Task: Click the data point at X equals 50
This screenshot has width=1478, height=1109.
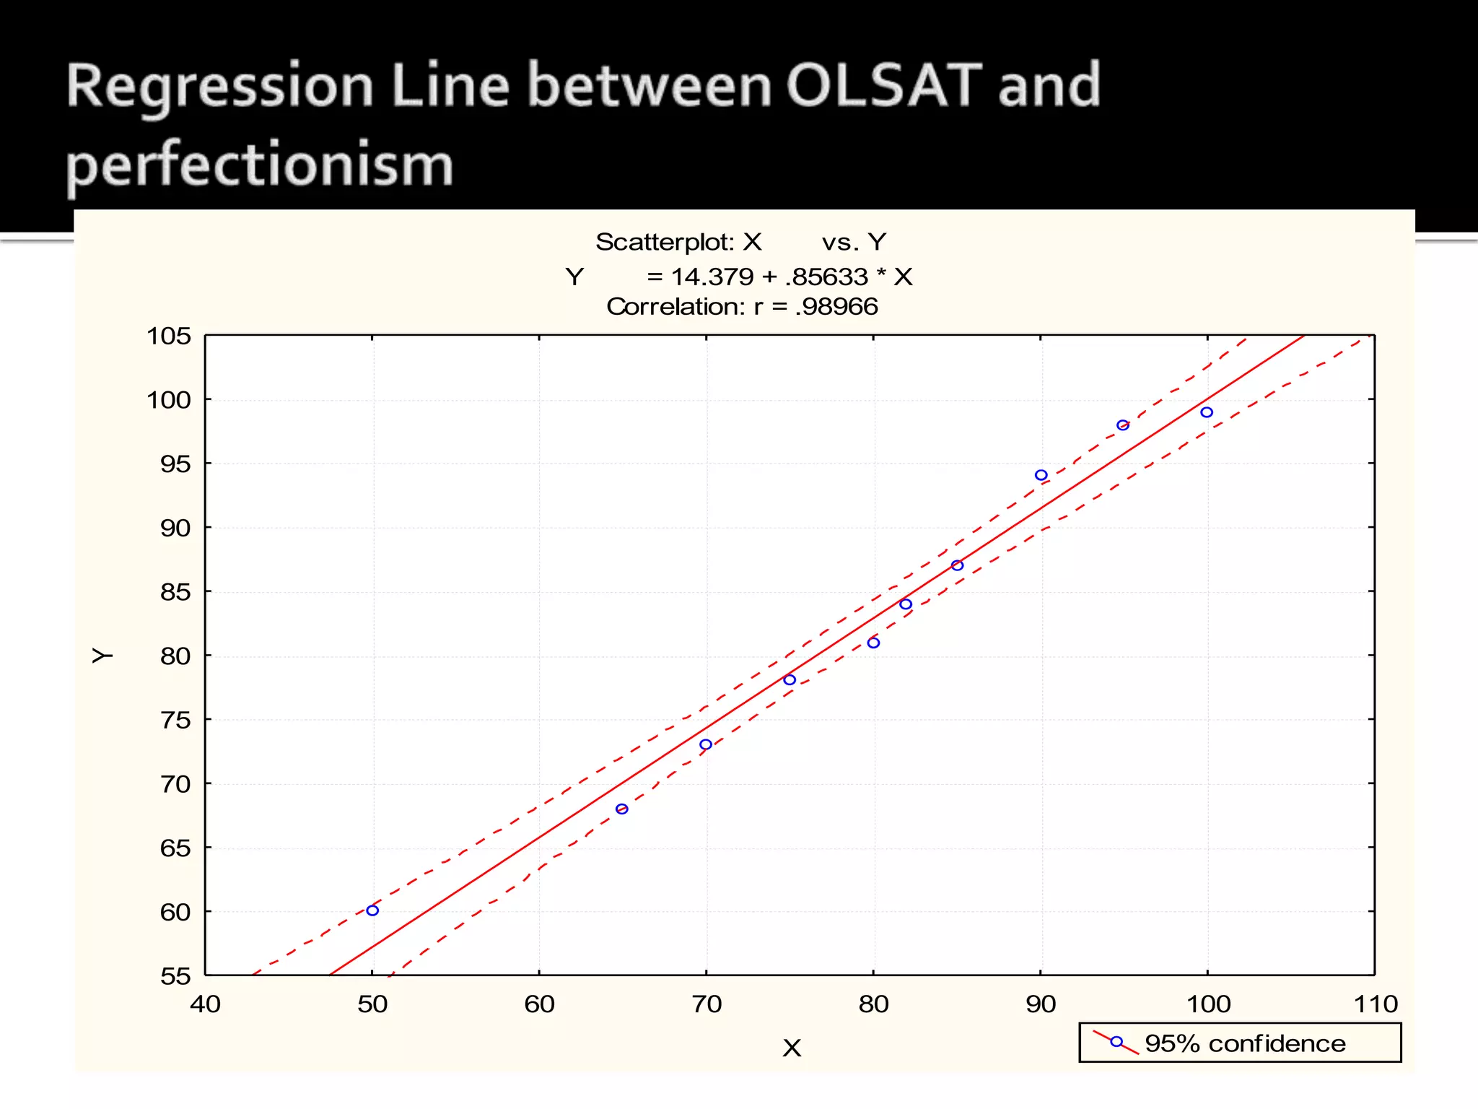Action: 372,910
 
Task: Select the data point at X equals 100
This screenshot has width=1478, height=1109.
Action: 1207,412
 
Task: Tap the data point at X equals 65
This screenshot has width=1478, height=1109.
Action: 622,809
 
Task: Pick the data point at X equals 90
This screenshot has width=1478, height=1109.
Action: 1041,475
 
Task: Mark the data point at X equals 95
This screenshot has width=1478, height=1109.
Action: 1123,425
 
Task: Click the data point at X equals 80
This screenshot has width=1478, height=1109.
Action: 873,643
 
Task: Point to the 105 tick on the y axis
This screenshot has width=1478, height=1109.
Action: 169,336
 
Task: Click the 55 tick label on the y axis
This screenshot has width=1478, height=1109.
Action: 175,976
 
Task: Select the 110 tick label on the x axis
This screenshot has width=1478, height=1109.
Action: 1376,1004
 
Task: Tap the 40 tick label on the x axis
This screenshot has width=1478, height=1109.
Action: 205,1004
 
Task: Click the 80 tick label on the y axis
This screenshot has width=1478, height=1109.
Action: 175,656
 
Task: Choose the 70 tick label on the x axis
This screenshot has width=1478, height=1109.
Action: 707,1004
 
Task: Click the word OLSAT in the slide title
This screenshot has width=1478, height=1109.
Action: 883,86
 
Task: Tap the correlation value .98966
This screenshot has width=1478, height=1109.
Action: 836,307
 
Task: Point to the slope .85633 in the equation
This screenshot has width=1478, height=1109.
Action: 826,277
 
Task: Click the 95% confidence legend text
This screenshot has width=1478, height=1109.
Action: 1245,1043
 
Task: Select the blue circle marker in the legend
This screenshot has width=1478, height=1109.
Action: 1116,1042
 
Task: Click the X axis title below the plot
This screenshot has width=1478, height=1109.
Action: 792,1048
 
